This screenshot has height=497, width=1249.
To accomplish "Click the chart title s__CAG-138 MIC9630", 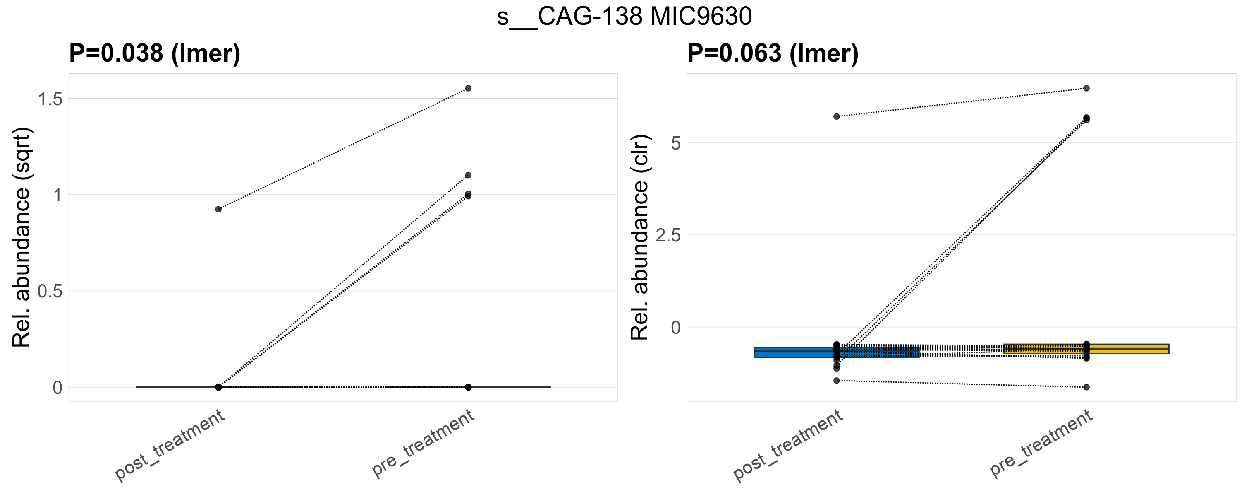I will tap(624, 17).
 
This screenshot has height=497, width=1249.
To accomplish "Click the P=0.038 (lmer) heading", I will tap(155, 53).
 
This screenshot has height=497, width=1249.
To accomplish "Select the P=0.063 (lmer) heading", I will tap(773, 53).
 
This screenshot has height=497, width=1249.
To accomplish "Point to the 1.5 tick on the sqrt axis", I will tap(50, 99).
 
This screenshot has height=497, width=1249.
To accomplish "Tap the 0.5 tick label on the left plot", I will tap(50, 291).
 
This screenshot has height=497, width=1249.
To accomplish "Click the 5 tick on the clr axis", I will tap(675, 143).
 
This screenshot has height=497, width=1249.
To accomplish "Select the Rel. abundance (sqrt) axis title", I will tap(22, 237).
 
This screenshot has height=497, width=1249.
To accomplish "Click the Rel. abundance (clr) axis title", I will tap(640, 237).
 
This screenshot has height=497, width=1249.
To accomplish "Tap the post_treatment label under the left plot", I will tap(170, 446).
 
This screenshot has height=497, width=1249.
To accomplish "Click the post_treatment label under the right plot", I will tap(788, 446).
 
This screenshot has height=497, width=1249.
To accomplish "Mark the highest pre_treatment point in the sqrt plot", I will tap(468, 88).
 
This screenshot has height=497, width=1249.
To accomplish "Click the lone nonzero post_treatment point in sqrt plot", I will tap(218, 209).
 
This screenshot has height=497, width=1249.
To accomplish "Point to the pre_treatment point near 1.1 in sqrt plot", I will tap(468, 175).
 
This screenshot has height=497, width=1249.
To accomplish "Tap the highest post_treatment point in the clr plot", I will tap(836, 116).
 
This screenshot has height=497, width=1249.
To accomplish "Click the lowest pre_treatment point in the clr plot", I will tap(1086, 387).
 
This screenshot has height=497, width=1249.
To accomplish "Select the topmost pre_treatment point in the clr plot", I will tap(1086, 88).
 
